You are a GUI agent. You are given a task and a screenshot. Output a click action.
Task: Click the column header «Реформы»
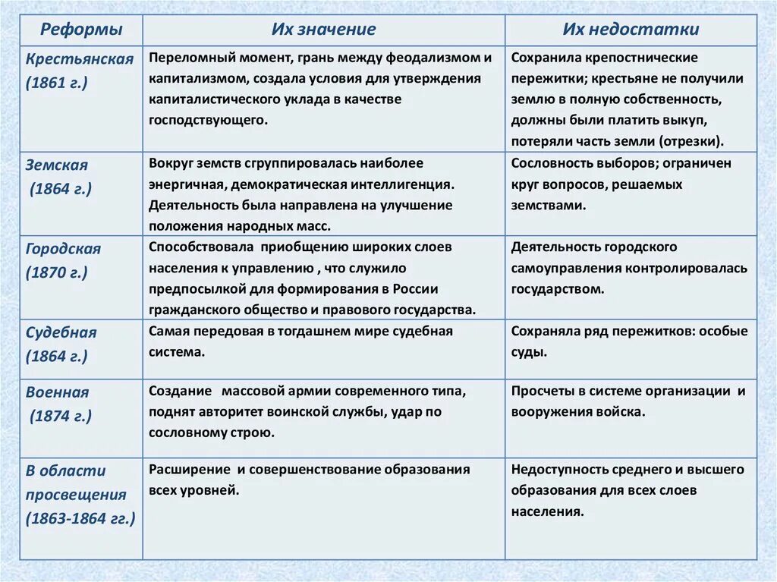point(81,30)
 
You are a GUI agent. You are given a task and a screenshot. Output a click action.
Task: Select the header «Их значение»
point(324,30)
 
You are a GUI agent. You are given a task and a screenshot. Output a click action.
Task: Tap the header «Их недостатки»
point(631,30)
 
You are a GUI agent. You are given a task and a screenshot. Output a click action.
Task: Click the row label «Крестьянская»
point(79,58)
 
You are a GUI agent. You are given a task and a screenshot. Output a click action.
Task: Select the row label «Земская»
point(57,165)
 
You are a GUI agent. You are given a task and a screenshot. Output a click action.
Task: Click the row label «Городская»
point(63,248)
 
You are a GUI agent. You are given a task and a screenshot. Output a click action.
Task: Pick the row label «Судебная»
point(61,332)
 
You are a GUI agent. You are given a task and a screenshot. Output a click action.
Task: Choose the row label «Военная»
point(57,392)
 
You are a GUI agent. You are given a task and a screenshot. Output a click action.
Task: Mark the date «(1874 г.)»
point(61,416)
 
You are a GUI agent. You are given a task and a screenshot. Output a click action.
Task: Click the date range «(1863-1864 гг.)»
point(80,519)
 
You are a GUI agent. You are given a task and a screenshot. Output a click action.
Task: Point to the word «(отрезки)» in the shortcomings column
point(690,140)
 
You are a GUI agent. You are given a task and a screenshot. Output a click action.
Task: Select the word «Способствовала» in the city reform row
point(199,247)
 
